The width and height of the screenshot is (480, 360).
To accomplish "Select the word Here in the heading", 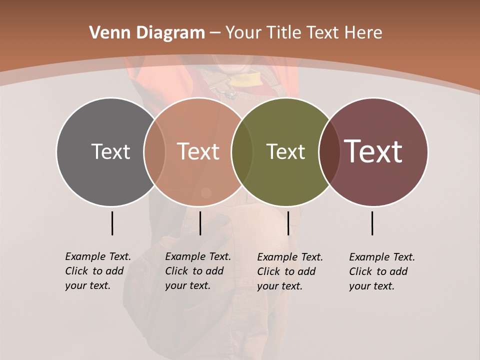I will tap(364, 33).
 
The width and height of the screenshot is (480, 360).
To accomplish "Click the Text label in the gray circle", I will tap(110, 151).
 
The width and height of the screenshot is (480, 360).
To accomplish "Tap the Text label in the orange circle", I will tap(198, 151).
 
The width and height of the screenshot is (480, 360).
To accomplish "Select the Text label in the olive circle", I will tap(285, 151).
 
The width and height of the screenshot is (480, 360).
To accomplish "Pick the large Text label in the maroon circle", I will tap(373, 151).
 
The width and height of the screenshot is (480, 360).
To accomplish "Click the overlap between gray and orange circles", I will tap(154, 151).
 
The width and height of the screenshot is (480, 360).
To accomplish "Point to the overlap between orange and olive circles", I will tap(242, 151).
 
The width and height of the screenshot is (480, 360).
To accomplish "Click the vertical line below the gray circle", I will tap(112, 223).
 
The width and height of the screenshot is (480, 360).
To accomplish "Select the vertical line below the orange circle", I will tap(200, 223).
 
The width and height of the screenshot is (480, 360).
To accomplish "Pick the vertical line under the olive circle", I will tap(288, 223).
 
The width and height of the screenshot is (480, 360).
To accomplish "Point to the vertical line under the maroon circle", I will tap(372, 223).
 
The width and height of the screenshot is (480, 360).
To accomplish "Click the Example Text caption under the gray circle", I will tap(97, 271).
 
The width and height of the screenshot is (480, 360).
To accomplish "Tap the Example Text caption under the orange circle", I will tap(197, 271).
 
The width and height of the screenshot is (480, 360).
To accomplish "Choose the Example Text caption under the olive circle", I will tap(289, 271).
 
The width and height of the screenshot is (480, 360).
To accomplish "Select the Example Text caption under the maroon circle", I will tap(381, 271).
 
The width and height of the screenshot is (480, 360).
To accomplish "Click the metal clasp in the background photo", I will tap(229, 92).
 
